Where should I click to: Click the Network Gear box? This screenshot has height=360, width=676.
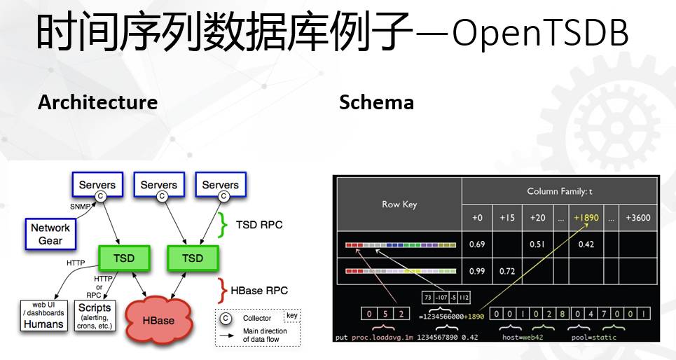click(50, 234)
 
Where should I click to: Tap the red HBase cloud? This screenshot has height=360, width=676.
click(159, 320)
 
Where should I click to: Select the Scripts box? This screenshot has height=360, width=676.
click(95, 317)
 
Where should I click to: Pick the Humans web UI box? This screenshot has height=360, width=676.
click(43, 317)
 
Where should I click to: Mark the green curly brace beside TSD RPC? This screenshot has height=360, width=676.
click(224, 225)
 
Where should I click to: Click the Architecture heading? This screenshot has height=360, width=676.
click(97, 102)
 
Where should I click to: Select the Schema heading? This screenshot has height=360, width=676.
click(376, 102)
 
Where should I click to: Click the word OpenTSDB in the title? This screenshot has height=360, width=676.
click(540, 34)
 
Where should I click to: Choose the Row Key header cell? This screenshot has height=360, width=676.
click(399, 205)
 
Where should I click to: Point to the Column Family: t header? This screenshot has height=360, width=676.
click(560, 191)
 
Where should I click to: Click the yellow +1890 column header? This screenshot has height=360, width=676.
click(586, 218)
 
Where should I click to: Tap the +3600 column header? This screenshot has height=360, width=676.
click(638, 218)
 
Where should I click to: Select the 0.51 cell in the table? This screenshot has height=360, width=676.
click(538, 244)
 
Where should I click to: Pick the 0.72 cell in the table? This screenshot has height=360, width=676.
click(507, 270)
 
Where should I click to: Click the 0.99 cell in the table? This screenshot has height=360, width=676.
click(477, 270)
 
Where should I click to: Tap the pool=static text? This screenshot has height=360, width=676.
click(594, 337)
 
